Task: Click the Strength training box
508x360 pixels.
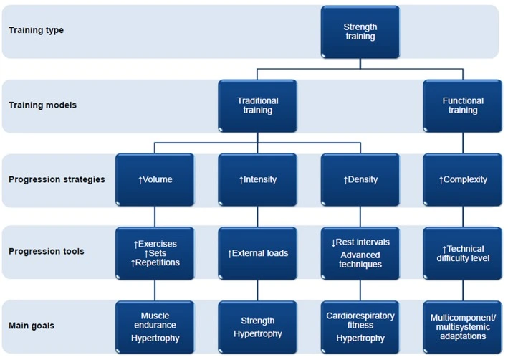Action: click(x=360, y=32)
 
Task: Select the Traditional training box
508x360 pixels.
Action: click(x=257, y=105)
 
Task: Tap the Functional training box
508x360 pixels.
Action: click(x=463, y=105)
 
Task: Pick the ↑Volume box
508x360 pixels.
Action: click(x=155, y=180)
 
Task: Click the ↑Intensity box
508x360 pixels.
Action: click(x=257, y=180)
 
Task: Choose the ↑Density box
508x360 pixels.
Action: click(x=360, y=180)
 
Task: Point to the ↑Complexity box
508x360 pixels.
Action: click(x=463, y=180)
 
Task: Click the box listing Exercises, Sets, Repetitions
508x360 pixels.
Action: click(x=155, y=253)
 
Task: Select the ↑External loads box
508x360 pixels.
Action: click(x=257, y=253)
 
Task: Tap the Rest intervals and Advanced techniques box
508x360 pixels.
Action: click(x=360, y=253)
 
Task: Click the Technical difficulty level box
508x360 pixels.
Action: click(x=463, y=253)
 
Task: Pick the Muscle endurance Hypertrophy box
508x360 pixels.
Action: click(x=155, y=327)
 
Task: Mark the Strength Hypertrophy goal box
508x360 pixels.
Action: click(x=257, y=327)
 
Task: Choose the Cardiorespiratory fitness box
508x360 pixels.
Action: click(x=360, y=327)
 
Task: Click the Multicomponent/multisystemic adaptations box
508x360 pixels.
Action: click(x=463, y=327)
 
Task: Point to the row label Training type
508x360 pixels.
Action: click(x=36, y=31)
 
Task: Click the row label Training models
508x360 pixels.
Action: click(x=42, y=105)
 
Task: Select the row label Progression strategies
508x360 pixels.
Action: click(x=57, y=180)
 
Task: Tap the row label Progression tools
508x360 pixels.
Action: click(x=47, y=252)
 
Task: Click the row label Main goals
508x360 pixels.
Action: click(x=32, y=326)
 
